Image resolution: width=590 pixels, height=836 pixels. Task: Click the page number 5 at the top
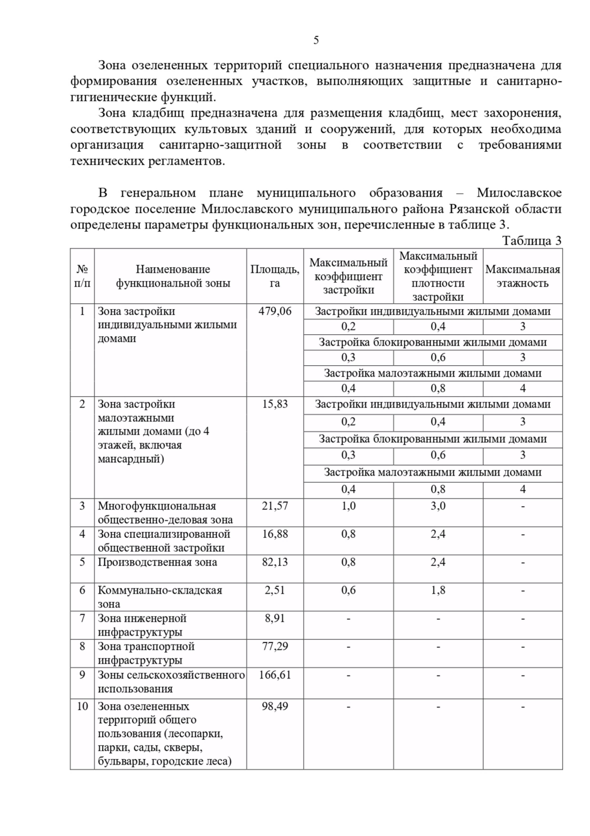(316, 40)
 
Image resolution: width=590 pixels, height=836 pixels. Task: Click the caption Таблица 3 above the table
(531, 241)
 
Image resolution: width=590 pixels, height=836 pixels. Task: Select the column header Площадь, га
(274, 276)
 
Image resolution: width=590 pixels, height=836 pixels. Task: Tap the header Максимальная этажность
(522, 276)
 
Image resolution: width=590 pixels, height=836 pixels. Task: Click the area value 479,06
(274, 311)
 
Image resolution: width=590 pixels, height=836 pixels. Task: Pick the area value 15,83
(274, 404)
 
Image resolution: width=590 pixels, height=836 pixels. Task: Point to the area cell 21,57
(274, 506)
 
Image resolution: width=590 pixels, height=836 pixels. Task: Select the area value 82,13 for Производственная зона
(274, 562)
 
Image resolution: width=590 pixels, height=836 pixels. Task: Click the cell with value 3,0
(438, 506)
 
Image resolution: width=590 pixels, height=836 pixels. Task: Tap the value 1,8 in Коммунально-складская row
(438, 590)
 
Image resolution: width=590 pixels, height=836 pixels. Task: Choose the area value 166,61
(274, 675)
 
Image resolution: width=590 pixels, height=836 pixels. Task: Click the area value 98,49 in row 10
(274, 706)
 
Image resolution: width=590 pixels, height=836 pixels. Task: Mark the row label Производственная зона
(157, 562)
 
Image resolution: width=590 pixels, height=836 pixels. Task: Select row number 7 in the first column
(82, 618)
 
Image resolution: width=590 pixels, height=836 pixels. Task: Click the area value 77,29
(274, 646)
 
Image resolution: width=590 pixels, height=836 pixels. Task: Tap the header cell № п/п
(82, 276)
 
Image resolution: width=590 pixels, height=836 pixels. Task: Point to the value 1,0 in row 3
(348, 506)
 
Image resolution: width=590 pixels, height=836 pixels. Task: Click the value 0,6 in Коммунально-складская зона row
(348, 590)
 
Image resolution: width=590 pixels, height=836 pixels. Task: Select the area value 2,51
(274, 590)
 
